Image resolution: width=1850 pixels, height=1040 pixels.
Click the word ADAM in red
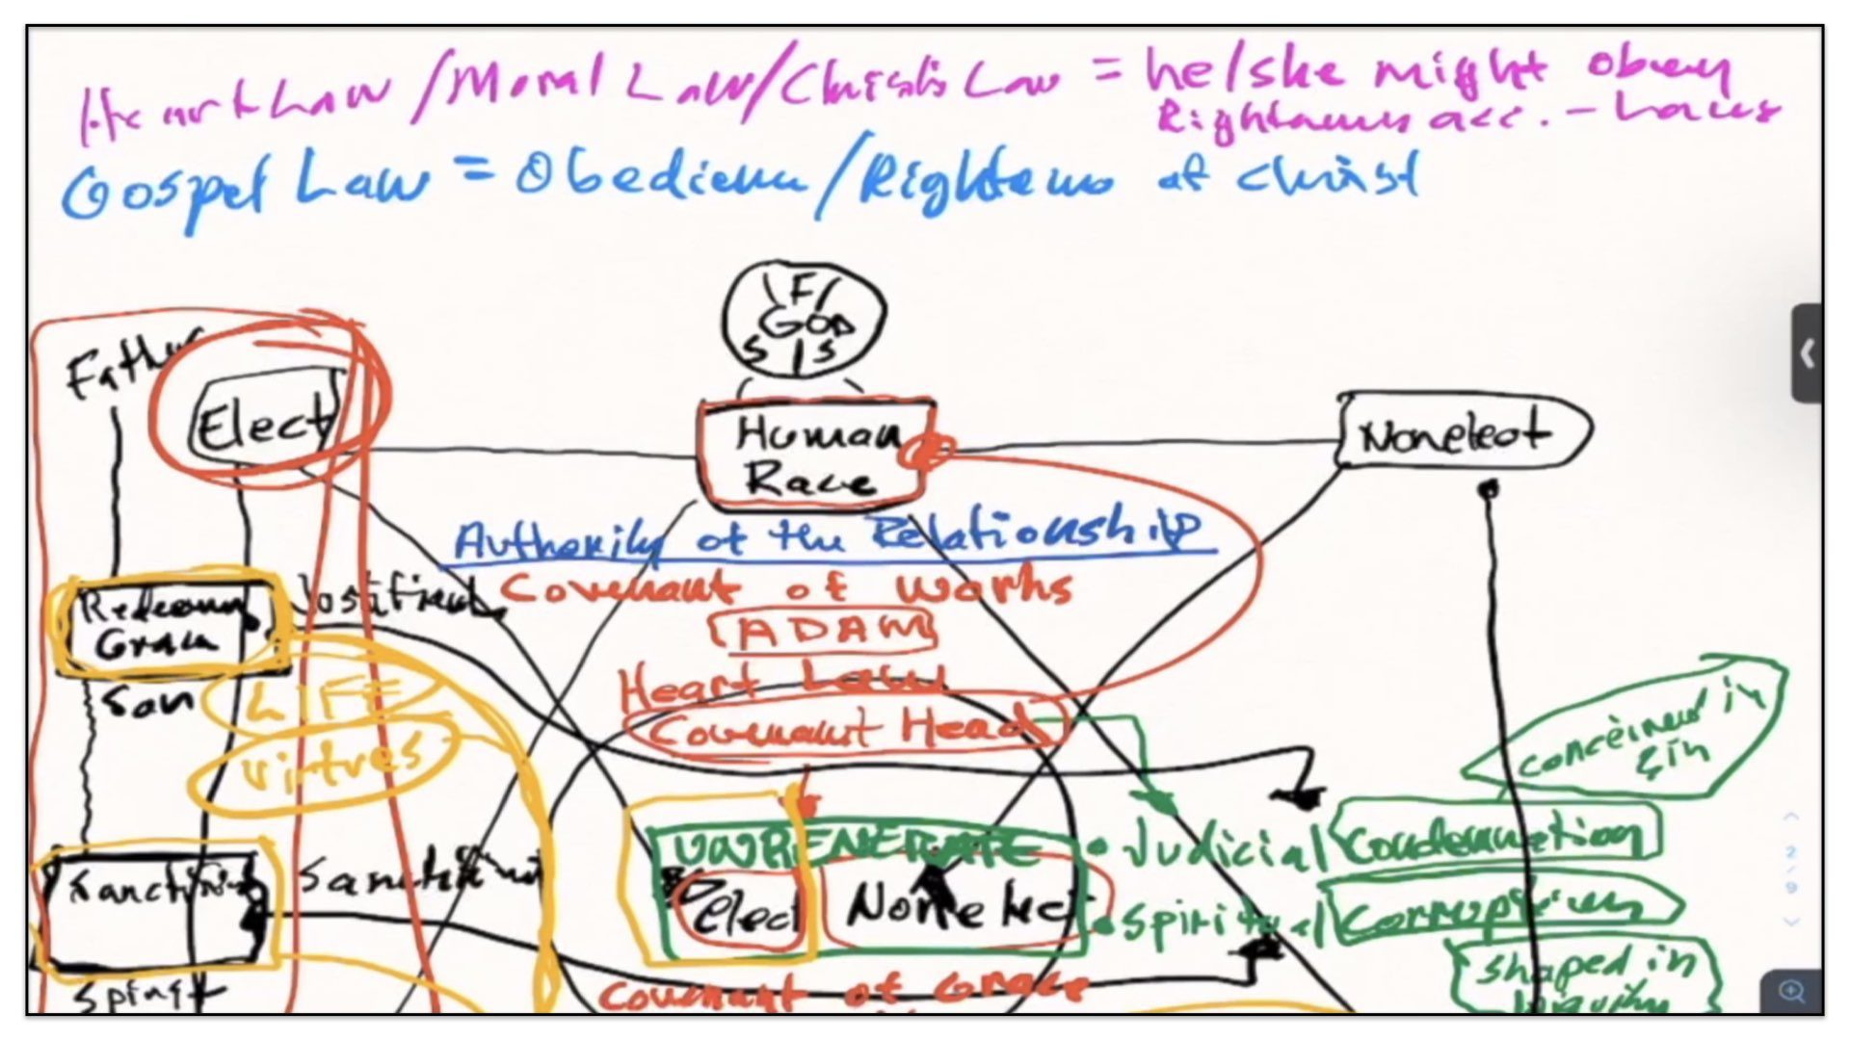(x=824, y=632)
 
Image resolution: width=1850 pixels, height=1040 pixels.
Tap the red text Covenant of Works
(x=785, y=587)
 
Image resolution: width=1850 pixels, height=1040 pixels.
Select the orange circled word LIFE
(x=318, y=699)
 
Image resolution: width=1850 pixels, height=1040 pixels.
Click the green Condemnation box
(x=1493, y=838)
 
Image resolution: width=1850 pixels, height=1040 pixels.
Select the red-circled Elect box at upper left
(x=265, y=425)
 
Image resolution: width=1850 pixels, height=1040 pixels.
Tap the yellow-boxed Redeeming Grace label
(x=164, y=624)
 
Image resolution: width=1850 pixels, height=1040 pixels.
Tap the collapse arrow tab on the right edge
(x=1807, y=354)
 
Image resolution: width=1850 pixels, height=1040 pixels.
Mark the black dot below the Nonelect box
(x=1489, y=490)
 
